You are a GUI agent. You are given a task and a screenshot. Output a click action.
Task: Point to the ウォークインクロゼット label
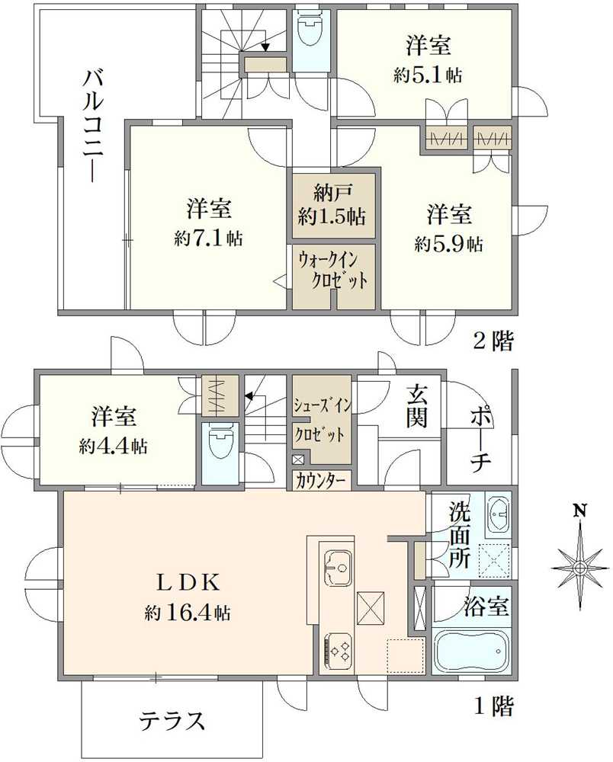tap(333, 270)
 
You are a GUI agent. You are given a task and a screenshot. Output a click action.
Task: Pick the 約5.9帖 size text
tap(448, 244)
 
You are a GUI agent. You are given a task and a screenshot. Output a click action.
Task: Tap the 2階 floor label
tap(493, 342)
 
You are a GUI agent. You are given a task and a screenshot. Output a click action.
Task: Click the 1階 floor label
tap(493, 706)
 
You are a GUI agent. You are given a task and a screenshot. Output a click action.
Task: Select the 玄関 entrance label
tap(416, 406)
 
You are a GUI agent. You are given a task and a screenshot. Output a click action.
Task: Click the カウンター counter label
tap(321, 481)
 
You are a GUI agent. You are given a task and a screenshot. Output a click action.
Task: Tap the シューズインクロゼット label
tap(320, 420)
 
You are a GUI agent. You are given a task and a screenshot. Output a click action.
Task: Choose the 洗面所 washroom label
tap(460, 533)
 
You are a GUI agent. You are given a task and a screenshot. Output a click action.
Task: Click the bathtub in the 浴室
tap(470, 650)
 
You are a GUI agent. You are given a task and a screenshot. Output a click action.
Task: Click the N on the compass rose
tap(580, 511)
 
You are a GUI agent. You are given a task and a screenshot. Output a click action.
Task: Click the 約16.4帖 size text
tap(188, 612)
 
